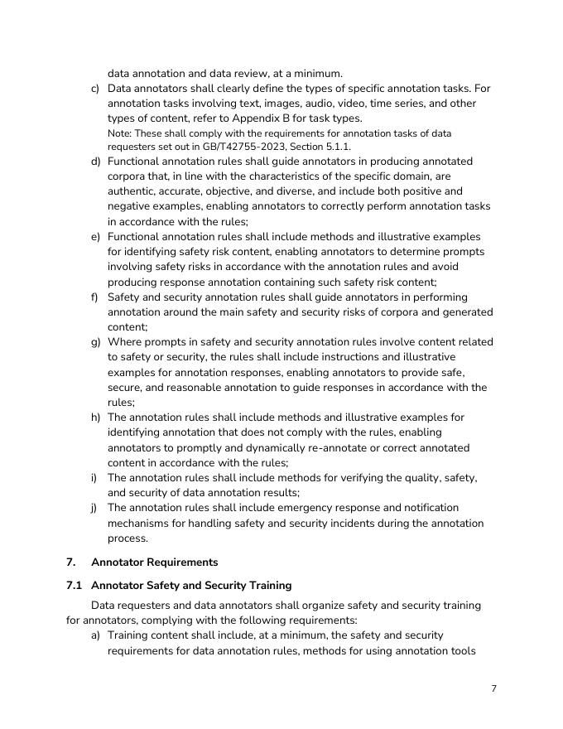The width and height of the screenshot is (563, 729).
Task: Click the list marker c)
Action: tap(95, 88)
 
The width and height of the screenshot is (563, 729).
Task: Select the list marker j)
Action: tap(95, 508)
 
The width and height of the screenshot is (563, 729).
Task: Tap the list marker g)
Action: tap(95, 342)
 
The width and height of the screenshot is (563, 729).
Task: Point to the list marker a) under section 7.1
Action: tap(95, 635)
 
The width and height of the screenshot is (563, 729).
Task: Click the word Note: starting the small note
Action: tap(121, 133)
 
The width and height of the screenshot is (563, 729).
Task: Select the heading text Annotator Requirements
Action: tap(155, 562)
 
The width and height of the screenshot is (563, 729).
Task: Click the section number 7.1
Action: tap(74, 586)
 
